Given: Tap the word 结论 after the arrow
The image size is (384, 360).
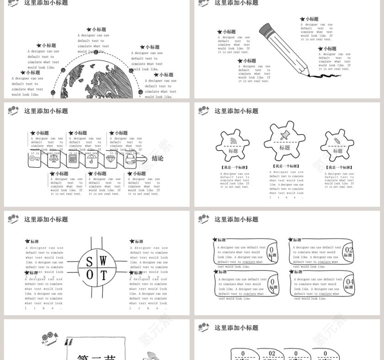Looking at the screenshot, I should coord(158,159).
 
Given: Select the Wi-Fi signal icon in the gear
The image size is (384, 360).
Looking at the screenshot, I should coord(234,140).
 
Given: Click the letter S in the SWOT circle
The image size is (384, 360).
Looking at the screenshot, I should coord(90,262).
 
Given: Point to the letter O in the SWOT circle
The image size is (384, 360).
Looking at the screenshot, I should coord(90,275).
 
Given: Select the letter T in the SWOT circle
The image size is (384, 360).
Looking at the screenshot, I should coord(104,275).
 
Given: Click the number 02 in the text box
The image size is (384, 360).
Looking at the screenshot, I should coord(349,250).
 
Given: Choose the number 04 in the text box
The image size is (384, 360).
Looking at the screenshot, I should coord(349,282).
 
